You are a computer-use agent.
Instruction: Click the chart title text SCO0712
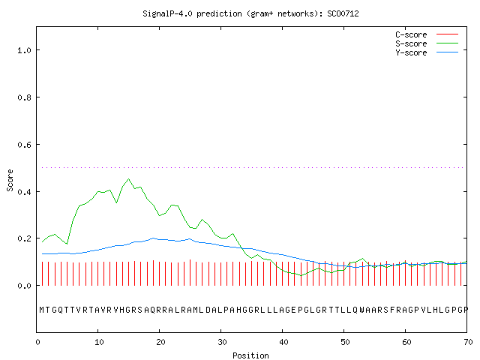pos(343,13)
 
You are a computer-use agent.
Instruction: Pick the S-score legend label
pos(411,43)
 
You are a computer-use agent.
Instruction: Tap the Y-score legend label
pos(411,52)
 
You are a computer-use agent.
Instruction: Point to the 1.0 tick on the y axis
pos(24,50)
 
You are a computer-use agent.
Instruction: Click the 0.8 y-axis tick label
pos(24,97)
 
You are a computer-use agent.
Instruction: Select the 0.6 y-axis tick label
pos(24,145)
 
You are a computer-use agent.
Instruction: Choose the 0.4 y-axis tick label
pos(24,192)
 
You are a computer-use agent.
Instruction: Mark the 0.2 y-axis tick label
pos(24,238)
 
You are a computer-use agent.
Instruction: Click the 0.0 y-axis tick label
pos(24,286)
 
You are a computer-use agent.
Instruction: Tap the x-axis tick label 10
pos(99,342)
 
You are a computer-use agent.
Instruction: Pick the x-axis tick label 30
pos(222,342)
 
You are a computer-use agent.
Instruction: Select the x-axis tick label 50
pos(345,342)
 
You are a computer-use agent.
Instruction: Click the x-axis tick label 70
pos(468,342)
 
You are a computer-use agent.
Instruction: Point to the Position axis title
pos(250,355)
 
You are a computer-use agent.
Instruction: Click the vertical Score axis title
pos(10,180)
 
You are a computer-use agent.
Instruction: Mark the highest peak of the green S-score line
pos(128,178)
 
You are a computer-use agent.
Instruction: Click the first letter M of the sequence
pos(42,310)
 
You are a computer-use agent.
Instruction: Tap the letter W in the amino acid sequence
pos(361,310)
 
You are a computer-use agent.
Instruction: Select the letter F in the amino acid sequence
pos(392,310)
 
